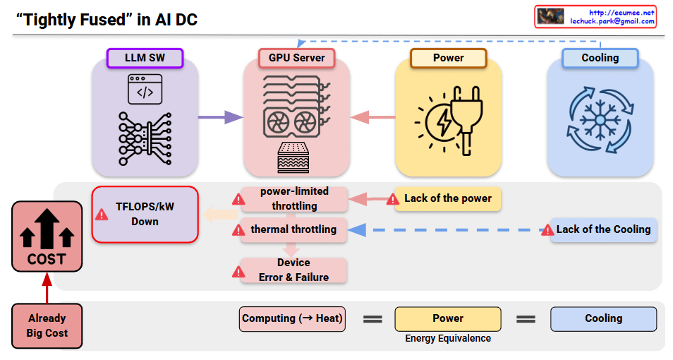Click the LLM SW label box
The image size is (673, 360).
tap(145, 58)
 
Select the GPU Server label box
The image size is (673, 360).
tap(296, 58)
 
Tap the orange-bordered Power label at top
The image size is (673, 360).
tap(448, 58)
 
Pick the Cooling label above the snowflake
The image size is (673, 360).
tap(600, 58)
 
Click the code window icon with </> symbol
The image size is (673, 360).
tap(145, 90)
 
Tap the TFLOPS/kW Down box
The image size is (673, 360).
tap(145, 214)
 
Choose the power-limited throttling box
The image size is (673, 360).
tap(294, 199)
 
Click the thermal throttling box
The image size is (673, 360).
tap(294, 229)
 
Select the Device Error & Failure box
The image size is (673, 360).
tap(293, 270)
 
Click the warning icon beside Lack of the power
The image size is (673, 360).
tap(393, 199)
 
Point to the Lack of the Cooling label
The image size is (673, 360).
tap(603, 229)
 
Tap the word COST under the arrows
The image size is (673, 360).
tap(47, 259)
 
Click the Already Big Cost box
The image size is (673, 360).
tap(47, 325)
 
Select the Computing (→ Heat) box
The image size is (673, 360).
tap(292, 318)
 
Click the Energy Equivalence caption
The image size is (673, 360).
tap(448, 338)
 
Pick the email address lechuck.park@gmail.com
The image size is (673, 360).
tap(612, 21)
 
